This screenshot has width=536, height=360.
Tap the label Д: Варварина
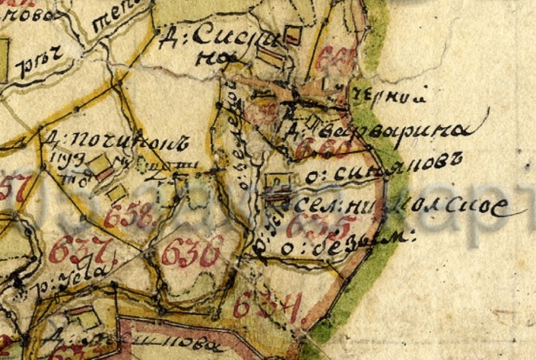(378, 129)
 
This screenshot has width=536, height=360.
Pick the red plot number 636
(192, 251)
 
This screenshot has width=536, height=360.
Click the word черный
(390, 96)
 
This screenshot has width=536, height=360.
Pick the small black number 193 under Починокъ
(62, 158)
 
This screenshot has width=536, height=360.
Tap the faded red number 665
(335, 60)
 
